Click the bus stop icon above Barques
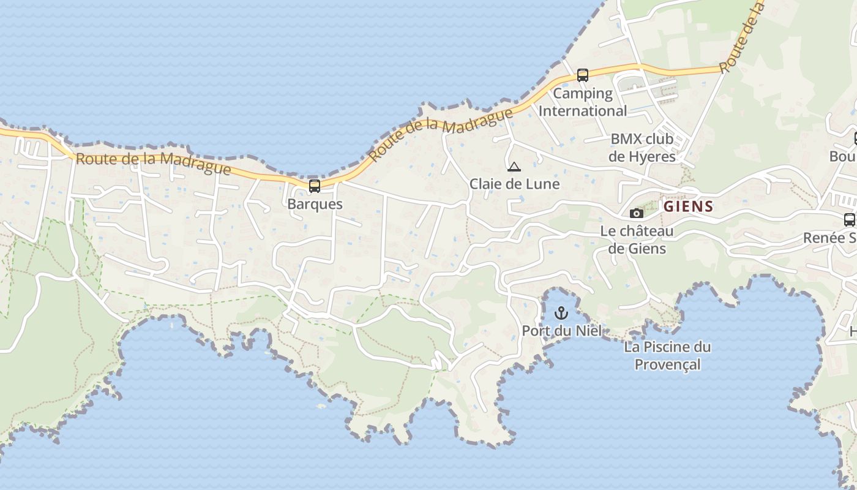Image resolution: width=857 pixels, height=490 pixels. (315, 186)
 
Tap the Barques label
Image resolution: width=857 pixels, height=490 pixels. (315, 204)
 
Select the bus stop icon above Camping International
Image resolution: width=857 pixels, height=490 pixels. (583, 75)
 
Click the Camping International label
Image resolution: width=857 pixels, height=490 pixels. (583, 102)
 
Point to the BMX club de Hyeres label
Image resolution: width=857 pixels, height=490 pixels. (642, 148)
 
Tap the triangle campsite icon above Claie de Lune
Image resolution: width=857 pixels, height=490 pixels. (514, 167)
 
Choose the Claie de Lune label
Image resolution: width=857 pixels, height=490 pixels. (514, 184)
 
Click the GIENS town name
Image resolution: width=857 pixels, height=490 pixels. (689, 206)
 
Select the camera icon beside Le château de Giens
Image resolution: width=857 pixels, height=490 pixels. (637, 213)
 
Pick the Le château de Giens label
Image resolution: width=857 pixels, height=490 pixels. (637, 239)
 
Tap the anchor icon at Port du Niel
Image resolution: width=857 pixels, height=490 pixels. (561, 314)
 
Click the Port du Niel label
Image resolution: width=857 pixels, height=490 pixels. (561, 331)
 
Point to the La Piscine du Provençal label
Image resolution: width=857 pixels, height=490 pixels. (667, 356)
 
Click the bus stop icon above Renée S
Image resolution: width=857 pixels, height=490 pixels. (849, 219)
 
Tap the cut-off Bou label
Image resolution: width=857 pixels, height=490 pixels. (843, 157)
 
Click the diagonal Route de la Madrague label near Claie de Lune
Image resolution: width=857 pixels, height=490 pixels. (441, 135)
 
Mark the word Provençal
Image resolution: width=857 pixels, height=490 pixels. (667, 364)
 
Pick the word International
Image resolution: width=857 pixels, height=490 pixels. (583, 111)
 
